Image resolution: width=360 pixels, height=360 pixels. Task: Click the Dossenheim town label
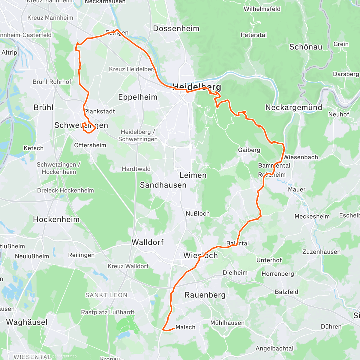pyautogui.click(x=176, y=28)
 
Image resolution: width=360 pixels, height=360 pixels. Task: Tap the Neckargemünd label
pyautogui.click(x=294, y=107)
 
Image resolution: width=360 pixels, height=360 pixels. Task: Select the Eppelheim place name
pyautogui.click(x=138, y=97)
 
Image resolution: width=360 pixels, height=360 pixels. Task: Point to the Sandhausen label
pyautogui.click(x=163, y=185)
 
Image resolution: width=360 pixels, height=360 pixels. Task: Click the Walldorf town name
pyautogui.click(x=148, y=242)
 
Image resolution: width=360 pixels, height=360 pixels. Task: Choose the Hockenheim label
pyautogui.click(x=56, y=220)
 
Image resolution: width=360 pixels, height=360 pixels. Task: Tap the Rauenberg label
pyautogui.click(x=205, y=295)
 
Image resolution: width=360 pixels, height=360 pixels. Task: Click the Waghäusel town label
pyautogui.click(x=27, y=322)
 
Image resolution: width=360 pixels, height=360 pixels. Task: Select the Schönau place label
pyautogui.click(x=306, y=47)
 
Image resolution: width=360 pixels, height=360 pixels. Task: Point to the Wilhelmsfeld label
pyautogui.click(x=262, y=9)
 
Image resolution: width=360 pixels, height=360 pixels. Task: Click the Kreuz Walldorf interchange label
pyautogui.click(x=128, y=266)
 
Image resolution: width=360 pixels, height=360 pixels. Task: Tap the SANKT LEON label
pyautogui.click(x=106, y=295)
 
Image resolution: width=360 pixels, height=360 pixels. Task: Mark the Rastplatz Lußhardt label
pyautogui.click(x=108, y=312)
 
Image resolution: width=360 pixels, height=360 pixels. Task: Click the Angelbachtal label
pyautogui.click(x=274, y=348)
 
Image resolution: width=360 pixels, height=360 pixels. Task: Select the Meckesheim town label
pyautogui.click(x=312, y=217)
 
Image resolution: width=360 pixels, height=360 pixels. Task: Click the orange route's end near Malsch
pyautogui.click(x=174, y=328)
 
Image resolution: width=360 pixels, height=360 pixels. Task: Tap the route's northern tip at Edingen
pyautogui.click(x=117, y=30)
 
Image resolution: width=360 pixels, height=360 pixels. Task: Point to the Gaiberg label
pyautogui.click(x=249, y=150)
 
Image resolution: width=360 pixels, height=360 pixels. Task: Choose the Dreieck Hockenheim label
pyautogui.click(x=65, y=190)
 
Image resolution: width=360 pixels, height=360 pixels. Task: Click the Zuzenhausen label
pyautogui.click(x=321, y=252)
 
